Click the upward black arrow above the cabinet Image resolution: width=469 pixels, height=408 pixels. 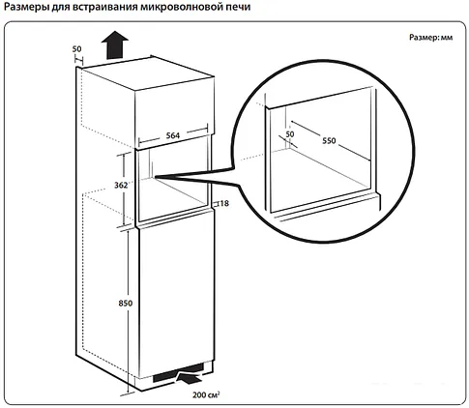click(x=115, y=44)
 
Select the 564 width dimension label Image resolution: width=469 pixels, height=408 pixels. click(x=173, y=135)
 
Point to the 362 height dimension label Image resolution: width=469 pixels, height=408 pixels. click(x=121, y=185)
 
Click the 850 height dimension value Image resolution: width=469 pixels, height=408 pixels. click(x=126, y=304)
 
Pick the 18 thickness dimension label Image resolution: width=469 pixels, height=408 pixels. click(x=224, y=203)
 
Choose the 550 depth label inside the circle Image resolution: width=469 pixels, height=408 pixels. click(x=329, y=140)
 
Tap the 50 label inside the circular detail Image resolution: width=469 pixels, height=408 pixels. click(x=290, y=134)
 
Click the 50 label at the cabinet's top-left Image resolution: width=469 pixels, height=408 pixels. click(x=76, y=49)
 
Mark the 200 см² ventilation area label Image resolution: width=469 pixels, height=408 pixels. click(x=206, y=394)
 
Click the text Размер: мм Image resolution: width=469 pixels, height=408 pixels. click(x=431, y=38)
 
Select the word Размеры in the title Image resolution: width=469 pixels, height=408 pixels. click(x=27, y=7)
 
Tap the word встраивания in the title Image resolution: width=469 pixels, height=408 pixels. click(x=105, y=7)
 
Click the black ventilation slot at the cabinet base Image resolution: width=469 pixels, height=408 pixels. click(x=178, y=374)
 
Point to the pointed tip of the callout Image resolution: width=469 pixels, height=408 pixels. click(x=155, y=177)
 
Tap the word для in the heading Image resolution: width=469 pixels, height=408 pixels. click(x=62, y=8)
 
